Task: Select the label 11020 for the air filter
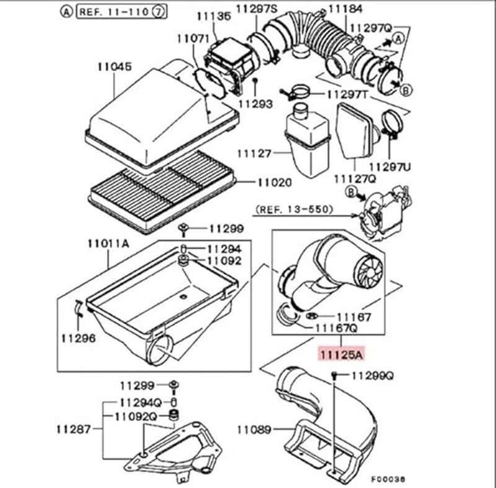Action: point(274,183)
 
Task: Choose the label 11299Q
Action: point(373,375)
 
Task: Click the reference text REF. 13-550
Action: point(293,210)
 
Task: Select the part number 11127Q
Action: point(355,178)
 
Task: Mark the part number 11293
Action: point(255,105)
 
